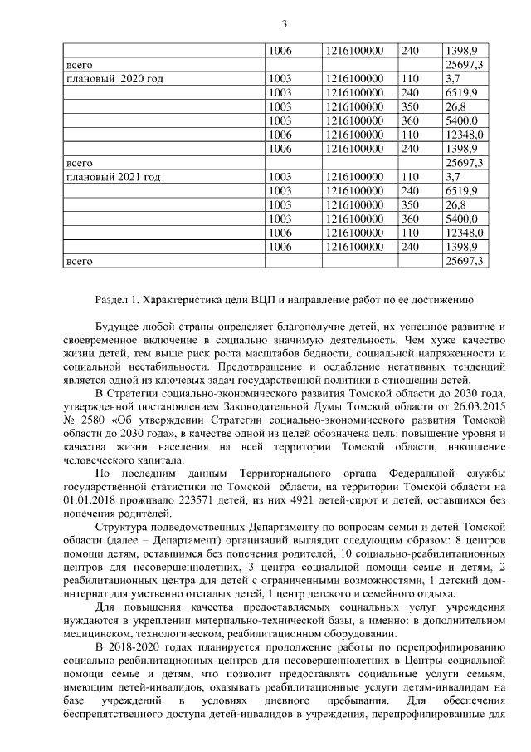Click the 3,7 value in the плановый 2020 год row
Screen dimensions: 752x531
pos(454,78)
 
